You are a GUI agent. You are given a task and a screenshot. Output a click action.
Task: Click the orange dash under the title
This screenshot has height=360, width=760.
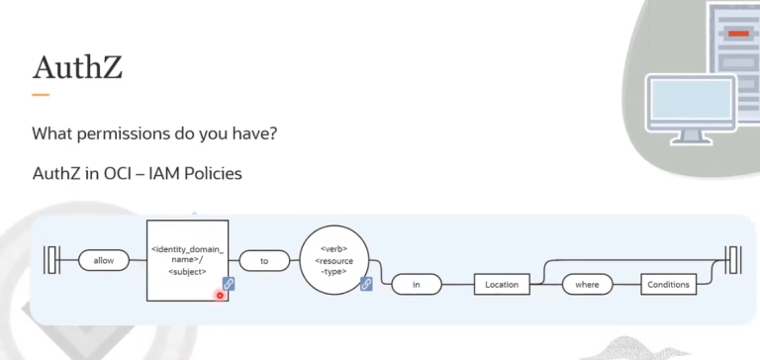pos(40,95)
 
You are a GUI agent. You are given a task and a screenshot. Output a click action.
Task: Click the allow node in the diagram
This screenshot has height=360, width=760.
pos(104,261)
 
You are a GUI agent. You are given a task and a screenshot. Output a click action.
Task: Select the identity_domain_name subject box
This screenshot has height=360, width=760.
pos(188,260)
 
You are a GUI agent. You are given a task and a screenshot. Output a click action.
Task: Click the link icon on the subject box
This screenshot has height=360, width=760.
pos(229,283)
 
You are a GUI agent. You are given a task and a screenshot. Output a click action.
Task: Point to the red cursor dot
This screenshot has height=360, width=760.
pos(220,295)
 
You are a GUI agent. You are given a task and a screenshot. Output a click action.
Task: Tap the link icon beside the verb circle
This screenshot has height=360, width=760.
pos(366,284)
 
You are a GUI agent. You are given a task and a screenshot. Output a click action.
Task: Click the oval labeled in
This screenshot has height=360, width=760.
pos(417,285)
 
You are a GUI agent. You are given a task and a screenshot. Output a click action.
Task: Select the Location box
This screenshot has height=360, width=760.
pos(501,285)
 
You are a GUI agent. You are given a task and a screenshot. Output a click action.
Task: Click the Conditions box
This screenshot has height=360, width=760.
pos(668,285)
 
